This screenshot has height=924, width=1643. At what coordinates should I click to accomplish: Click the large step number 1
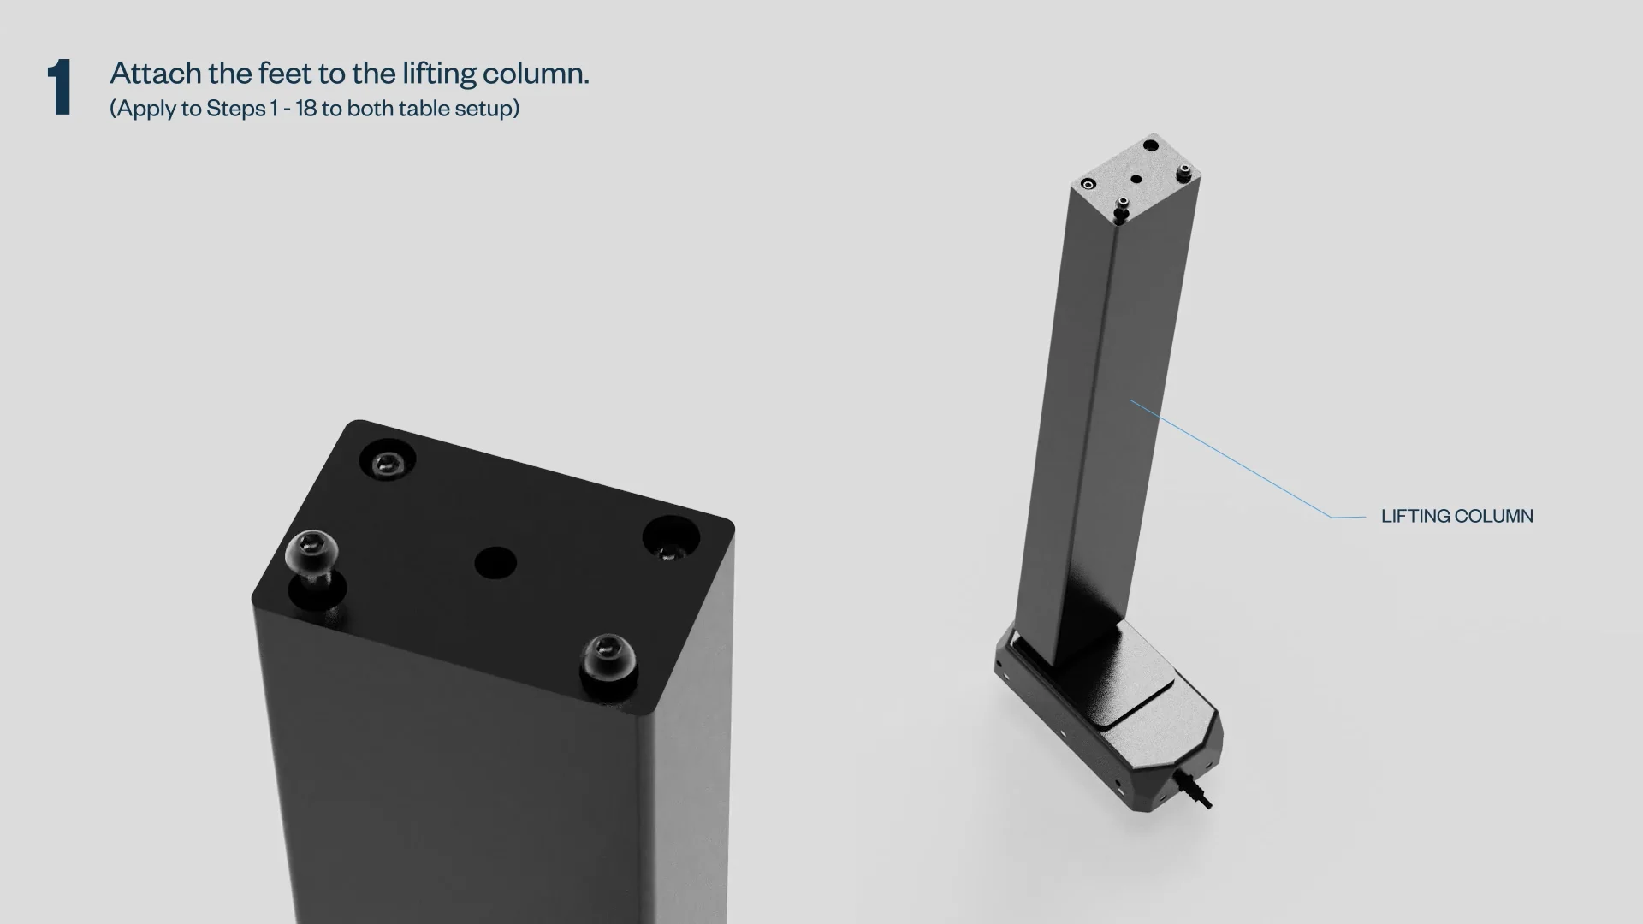point(60,87)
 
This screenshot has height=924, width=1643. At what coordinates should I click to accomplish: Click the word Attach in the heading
point(156,73)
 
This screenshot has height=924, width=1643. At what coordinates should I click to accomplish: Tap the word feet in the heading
point(286,73)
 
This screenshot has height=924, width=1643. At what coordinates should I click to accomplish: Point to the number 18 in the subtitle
point(305,109)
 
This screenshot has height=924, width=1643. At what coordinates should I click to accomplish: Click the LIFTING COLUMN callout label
point(1456,516)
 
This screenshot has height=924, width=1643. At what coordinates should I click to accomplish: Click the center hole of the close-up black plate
point(495,563)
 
